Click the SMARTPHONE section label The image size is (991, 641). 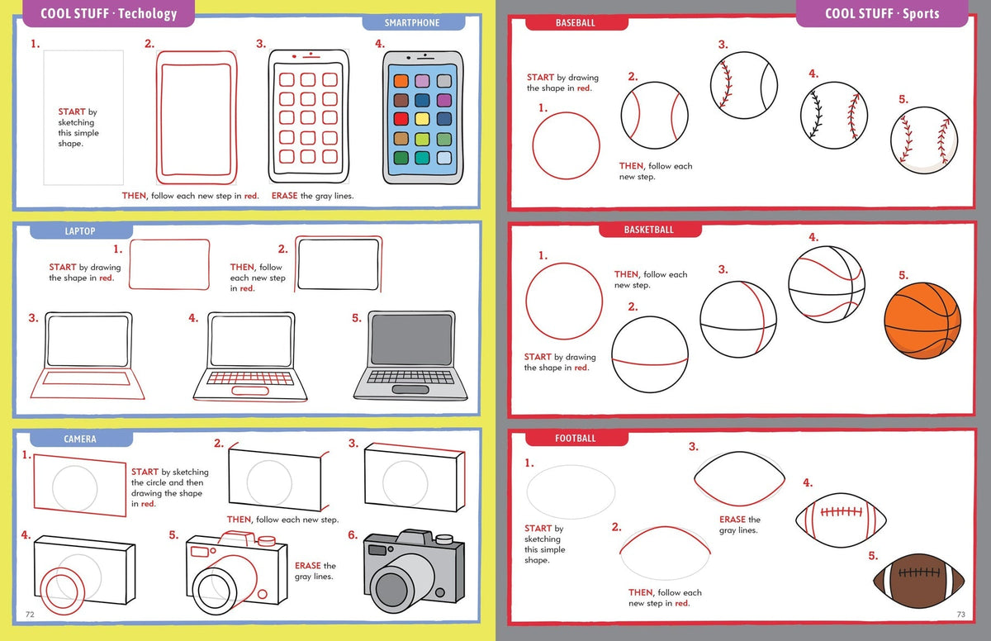pos(412,23)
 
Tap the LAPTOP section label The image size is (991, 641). pos(80,231)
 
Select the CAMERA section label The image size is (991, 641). pos(80,439)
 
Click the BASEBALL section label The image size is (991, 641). pos(575,23)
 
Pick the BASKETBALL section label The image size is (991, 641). pos(648,230)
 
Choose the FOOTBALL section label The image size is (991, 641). pos(575,438)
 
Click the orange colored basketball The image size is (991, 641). pos(922,320)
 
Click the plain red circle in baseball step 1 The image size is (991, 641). pos(566,145)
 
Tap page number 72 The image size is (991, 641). pos(30,614)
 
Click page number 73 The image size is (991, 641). pos(960,614)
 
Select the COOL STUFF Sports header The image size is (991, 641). pos(882,13)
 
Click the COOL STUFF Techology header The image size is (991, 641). pos(109,13)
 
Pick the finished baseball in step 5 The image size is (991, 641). pos(924,139)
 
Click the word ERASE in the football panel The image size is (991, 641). pos(733,520)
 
